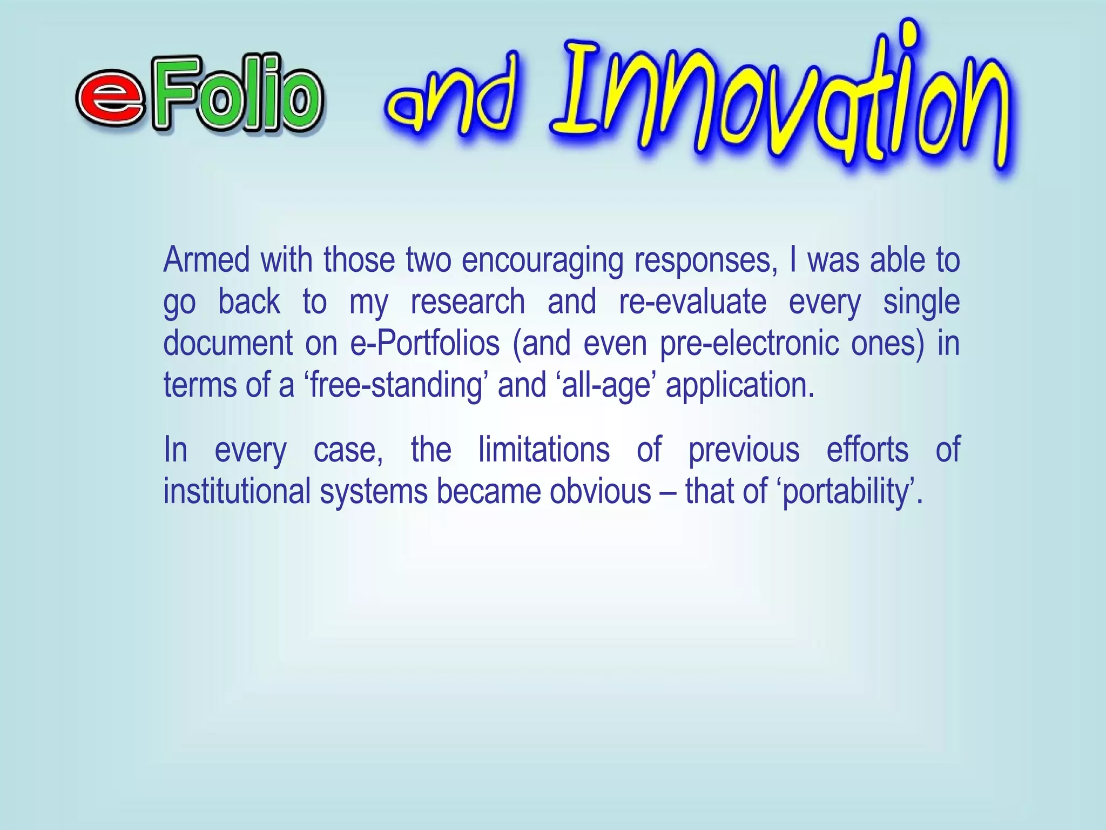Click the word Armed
pyautogui.click(x=206, y=260)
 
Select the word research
pyautogui.click(x=468, y=302)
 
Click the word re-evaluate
pyautogui.click(x=692, y=302)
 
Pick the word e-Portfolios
pyautogui.click(x=425, y=343)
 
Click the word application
pyautogui.click(x=739, y=385)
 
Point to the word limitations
pyautogui.click(x=544, y=450)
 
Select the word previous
pyautogui.click(x=744, y=450)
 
